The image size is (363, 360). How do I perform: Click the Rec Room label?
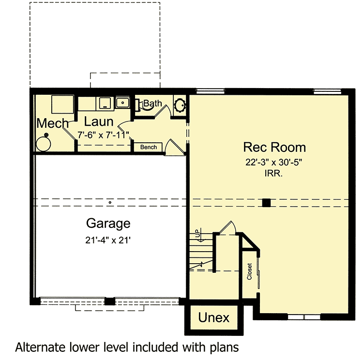(274, 147)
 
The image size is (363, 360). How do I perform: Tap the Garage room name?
(108, 224)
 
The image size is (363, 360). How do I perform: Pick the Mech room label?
(52, 123)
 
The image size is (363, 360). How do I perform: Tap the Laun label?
(99, 122)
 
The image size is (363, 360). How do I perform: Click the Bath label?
(152, 103)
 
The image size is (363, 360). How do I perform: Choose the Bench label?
(148, 147)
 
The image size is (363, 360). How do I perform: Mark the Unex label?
(213, 318)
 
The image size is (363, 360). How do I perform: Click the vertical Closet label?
(250, 272)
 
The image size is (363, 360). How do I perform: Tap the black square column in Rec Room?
(266, 203)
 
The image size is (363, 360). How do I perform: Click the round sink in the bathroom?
(180, 105)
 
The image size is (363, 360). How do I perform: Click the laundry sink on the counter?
(122, 102)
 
